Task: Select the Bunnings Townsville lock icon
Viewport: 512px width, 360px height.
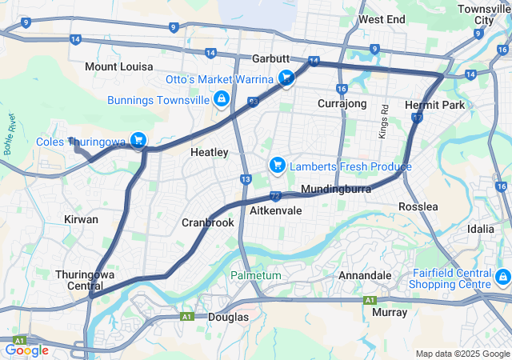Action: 219,99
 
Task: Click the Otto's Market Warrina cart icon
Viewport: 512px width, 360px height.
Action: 286,78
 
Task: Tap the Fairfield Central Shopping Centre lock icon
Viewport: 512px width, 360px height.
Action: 502,278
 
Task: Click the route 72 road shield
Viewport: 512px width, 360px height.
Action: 274,195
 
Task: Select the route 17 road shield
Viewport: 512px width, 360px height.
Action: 418,118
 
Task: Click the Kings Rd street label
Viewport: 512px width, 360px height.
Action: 384,119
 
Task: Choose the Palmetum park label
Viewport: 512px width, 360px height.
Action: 256,275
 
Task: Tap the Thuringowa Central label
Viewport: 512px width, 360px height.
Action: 86,280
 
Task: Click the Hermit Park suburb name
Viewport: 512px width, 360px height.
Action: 434,105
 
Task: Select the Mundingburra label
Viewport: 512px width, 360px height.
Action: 333,190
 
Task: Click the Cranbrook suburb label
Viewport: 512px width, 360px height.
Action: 208,222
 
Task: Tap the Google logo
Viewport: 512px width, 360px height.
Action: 26,350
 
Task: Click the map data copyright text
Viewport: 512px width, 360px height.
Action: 462,354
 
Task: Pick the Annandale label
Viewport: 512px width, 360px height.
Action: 365,275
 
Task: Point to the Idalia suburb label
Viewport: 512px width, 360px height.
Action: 481,229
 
